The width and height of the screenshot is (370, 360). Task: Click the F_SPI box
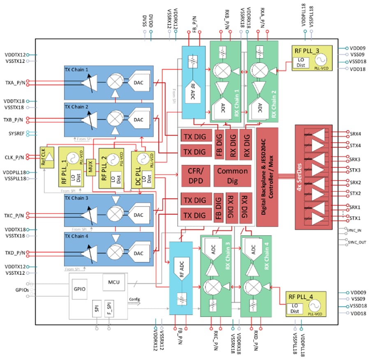pyautogui.click(x=109, y=308)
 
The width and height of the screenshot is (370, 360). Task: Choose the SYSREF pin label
pyautogui.click(x=15, y=134)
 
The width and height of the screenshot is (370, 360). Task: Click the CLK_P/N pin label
pyautogui.click(x=14, y=157)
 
